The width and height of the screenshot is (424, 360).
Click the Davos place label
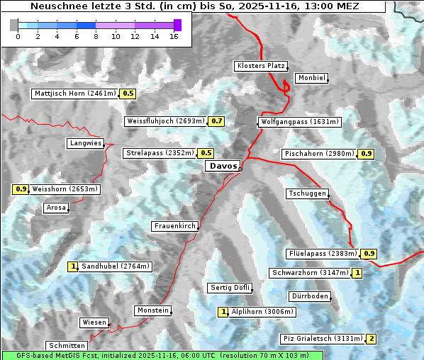223,166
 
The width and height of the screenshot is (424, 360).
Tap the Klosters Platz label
260,66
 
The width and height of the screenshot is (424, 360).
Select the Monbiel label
311,78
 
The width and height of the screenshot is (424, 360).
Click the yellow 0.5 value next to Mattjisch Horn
128,94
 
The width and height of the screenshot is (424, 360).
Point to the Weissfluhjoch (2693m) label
166,121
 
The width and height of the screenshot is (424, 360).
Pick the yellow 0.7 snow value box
217,121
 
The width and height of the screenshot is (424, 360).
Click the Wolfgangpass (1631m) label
293,122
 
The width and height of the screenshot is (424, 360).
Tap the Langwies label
85,143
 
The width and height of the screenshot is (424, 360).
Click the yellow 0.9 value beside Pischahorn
367,154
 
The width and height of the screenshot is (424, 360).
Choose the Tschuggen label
307,194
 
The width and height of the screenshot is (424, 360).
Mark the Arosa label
56,208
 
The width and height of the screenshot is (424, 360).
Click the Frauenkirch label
174,226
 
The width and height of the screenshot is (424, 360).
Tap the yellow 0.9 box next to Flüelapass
369,254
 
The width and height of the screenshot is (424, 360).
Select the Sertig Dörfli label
230,288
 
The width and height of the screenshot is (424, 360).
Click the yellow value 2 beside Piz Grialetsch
372,339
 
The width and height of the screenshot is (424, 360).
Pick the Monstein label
152,310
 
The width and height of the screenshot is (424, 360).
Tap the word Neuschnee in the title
54,6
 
